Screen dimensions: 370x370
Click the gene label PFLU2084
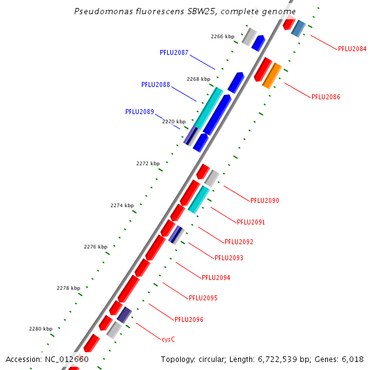click(352, 49)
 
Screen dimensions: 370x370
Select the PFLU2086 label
click(326, 97)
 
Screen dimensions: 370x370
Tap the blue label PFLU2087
click(174, 53)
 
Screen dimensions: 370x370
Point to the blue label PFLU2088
click(155, 84)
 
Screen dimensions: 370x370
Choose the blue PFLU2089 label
click(139, 112)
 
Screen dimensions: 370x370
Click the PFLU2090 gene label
click(265, 200)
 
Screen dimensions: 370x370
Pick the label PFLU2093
click(229, 258)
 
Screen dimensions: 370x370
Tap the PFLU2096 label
click(189, 319)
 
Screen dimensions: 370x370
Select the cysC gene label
click(168, 339)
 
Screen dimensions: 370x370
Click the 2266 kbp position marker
click(223, 36)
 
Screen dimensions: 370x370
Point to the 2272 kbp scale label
click(148, 163)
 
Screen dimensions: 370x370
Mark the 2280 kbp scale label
click(41, 329)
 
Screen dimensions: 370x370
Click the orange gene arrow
click(272, 76)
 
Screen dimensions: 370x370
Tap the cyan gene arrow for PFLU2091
click(199, 200)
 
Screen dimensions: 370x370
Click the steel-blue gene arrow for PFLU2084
click(298, 28)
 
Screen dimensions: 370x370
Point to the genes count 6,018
click(351, 359)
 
